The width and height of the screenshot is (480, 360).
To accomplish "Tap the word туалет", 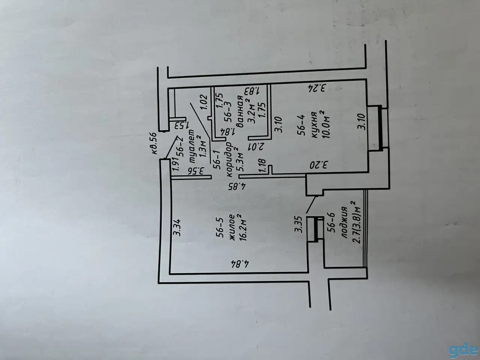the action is [x=192, y=146].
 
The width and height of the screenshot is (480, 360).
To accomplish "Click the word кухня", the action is [x=315, y=125].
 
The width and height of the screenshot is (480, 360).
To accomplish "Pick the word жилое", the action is [x=232, y=227].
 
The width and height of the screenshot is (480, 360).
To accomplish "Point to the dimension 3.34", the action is [x=177, y=227].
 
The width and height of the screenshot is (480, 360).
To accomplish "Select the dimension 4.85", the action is [x=237, y=187].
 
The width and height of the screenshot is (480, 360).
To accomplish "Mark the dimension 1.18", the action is [x=262, y=166].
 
